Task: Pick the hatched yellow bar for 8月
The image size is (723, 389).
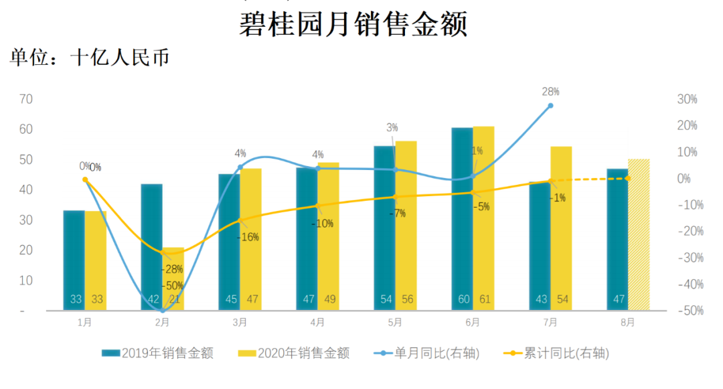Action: [x=639, y=234]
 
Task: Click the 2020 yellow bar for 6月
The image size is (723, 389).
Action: [x=483, y=218]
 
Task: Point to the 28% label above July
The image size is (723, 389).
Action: [x=550, y=92]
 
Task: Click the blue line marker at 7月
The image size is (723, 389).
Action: [x=550, y=106]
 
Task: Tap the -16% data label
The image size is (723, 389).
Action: [x=248, y=236]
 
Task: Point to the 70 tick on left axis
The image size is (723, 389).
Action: [x=27, y=99]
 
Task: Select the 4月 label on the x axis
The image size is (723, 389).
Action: [x=317, y=323]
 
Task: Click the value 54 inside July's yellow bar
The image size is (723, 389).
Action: [x=562, y=299]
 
